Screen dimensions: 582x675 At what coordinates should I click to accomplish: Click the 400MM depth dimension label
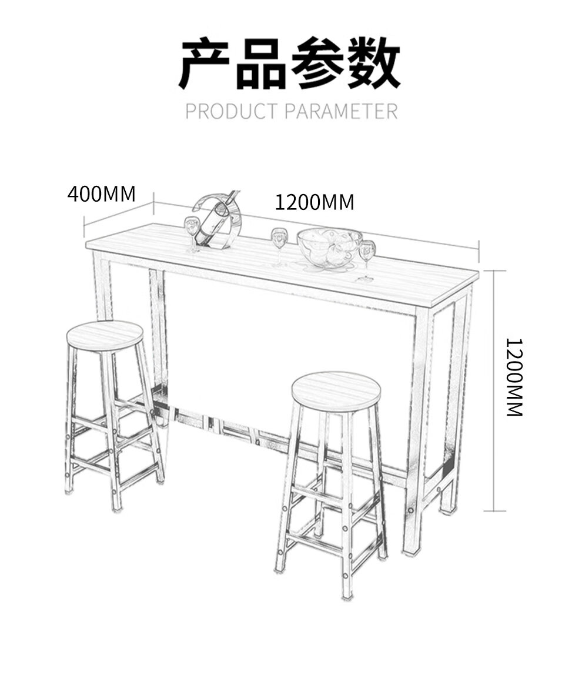[101, 194]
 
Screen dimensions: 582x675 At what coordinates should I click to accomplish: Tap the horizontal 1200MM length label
[315, 202]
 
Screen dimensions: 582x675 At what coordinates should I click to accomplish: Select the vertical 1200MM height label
[514, 377]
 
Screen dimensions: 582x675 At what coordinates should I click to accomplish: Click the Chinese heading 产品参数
[290, 63]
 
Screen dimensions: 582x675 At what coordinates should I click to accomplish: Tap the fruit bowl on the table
[329, 246]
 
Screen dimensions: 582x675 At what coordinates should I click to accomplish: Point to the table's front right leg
[421, 429]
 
